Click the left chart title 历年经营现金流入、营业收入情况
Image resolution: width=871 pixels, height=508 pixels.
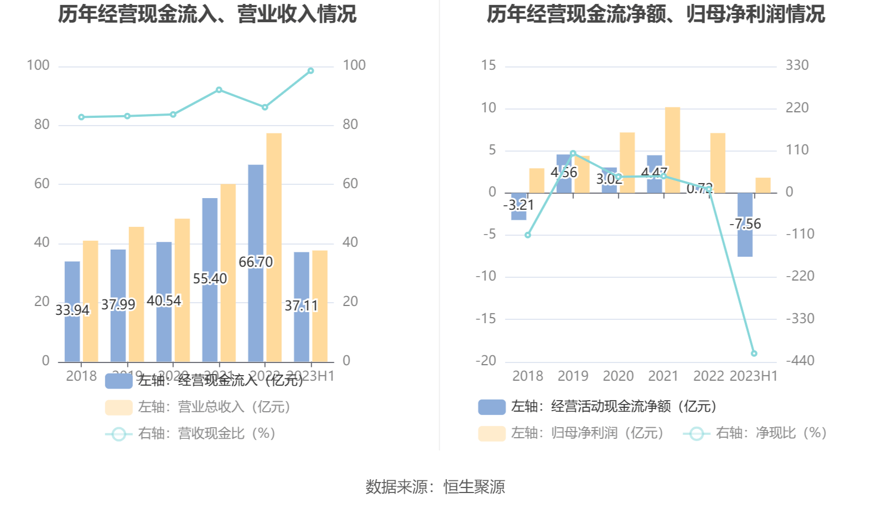pyautogui.click(x=207, y=14)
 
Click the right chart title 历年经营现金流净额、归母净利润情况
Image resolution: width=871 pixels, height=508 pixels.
pyautogui.click(x=656, y=14)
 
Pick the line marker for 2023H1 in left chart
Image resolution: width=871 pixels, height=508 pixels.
pyautogui.click(x=310, y=71)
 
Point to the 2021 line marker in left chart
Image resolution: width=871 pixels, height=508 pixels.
pyautogui.click(x=219, y=90)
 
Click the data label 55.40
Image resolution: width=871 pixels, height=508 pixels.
pyautogui.click(x=210, y=278)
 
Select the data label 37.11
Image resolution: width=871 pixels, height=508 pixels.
pyautogui.click(x=301, y=305)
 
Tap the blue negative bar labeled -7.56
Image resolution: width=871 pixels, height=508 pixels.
pyautogui.click(x=745, y=243)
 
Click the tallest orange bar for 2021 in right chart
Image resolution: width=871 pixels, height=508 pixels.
pyautogui.click(x=672, y=149)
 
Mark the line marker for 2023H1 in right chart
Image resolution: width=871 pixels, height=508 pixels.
pyautogui.click(x=754, y=353)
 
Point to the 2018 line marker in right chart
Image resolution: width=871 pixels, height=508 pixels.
pyautogui.click(x=528, y=235)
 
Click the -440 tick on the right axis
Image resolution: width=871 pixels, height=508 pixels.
pyautogui.click(x=800, y=361)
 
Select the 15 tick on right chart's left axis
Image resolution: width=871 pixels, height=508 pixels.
pyautogui.click(x=489, y=65)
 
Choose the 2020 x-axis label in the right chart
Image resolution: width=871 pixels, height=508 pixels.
pyautogui.click(x=618, y=376)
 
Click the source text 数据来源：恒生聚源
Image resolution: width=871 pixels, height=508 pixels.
pyautogui.click(x=435, y=487)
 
